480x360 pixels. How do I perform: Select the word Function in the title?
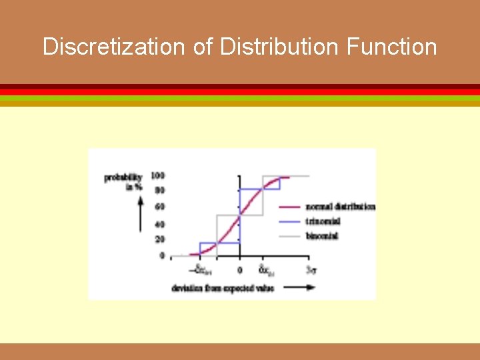point(392,47)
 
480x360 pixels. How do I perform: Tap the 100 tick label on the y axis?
point(158,175)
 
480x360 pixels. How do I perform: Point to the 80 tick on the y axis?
point(160,190)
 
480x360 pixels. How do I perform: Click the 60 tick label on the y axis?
point(160,207)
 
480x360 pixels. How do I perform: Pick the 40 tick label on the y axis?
point(160,224)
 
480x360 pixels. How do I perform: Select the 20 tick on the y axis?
point(160,239)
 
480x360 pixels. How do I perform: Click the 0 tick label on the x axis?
point(239,270)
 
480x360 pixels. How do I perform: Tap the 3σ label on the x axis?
point(311,270)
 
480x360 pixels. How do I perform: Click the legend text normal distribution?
point(340,207)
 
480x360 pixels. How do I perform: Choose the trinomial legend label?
point(324,221)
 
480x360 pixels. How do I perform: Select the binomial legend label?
point(323,236)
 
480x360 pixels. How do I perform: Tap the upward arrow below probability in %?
point(140,213)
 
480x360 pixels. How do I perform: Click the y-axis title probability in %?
point(124,181)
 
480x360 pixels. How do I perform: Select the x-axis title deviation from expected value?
point(223,288)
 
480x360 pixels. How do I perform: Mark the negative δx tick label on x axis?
point(204,271)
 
